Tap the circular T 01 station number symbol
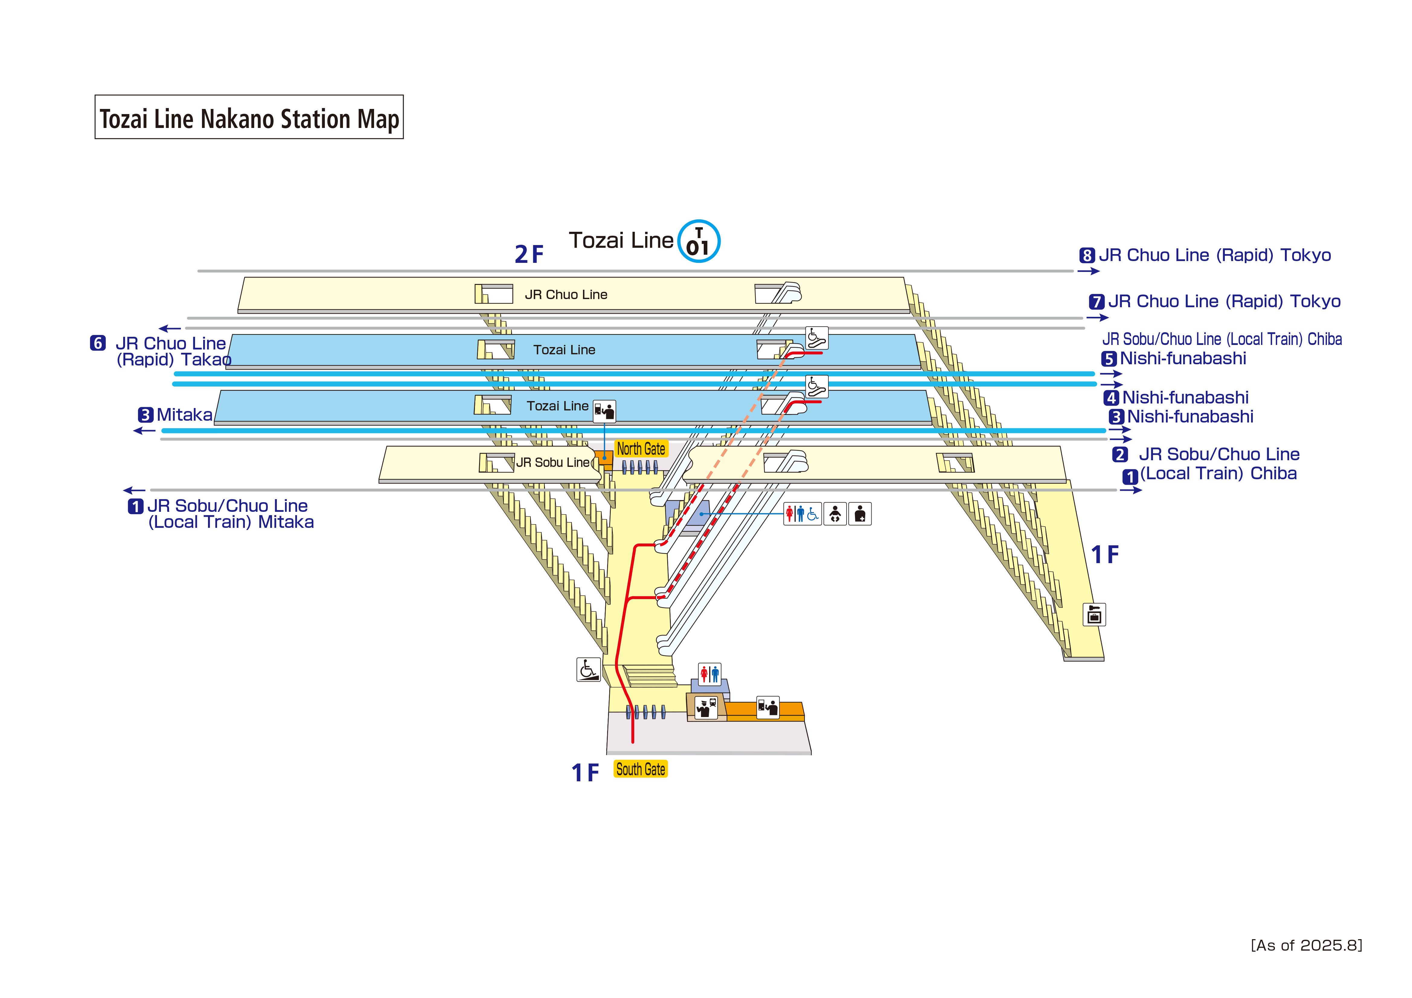[x=699, y=241]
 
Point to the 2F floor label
[x=529, y=254]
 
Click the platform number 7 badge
[x=1097, y=302]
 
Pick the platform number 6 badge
[x=98, y=343]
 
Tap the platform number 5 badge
[x=1109, y=359]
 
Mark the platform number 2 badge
[x=1120, y=454]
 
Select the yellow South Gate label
[x=640, y=769]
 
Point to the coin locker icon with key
[x=1094, y=614]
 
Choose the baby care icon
[x=834, y=513]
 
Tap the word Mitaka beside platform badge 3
[x=184, y=415]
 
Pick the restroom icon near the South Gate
[x=709, y=674]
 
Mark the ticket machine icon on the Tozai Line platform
[x=604, y=411]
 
